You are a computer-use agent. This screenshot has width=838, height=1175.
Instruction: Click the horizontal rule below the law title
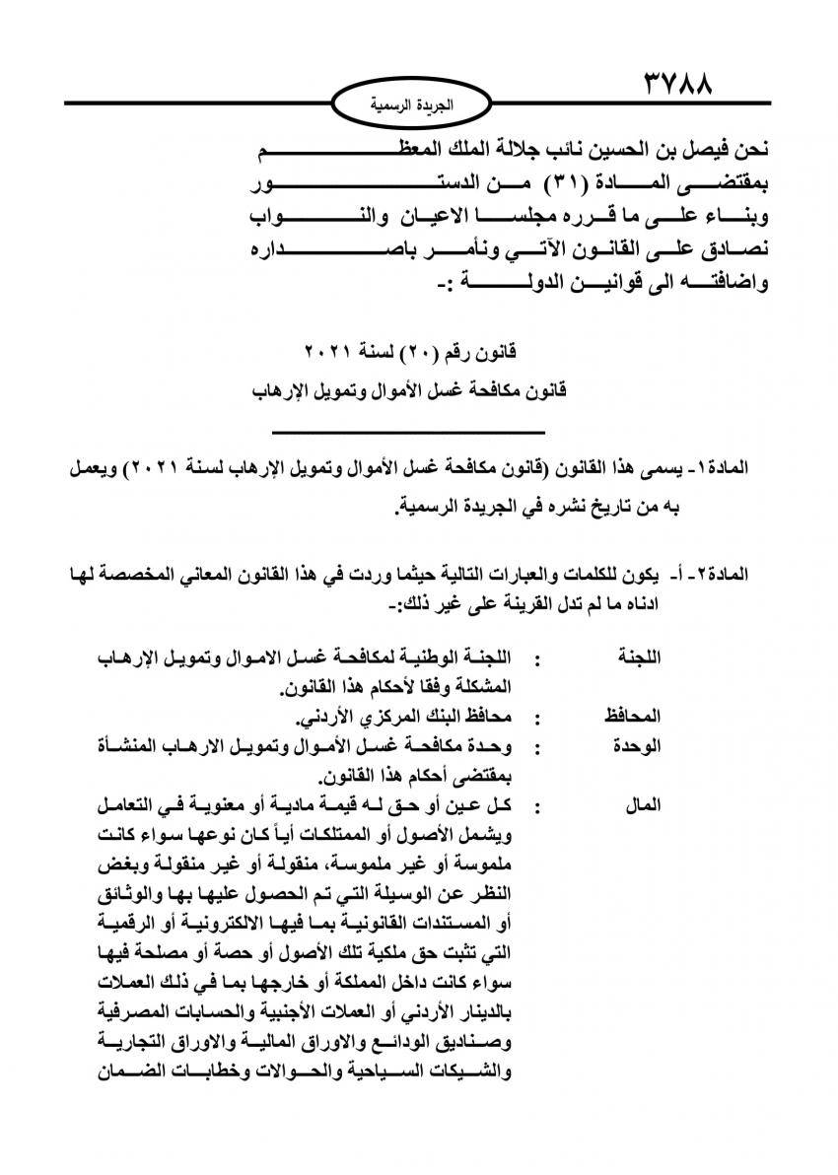pos(408,431)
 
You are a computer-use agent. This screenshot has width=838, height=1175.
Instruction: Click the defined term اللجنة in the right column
pos(638,657)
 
